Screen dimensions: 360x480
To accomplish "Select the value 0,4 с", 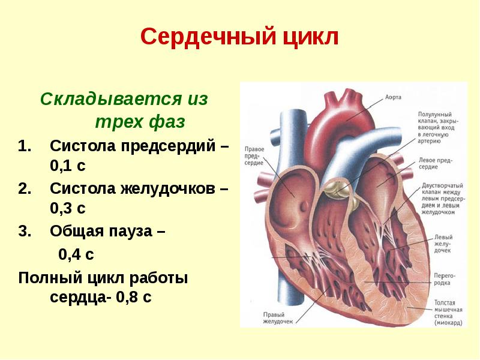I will tap(76, 254).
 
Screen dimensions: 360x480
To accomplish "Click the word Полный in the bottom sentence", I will tap(47, 278).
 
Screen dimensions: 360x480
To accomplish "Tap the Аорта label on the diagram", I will tap(392, 96).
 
